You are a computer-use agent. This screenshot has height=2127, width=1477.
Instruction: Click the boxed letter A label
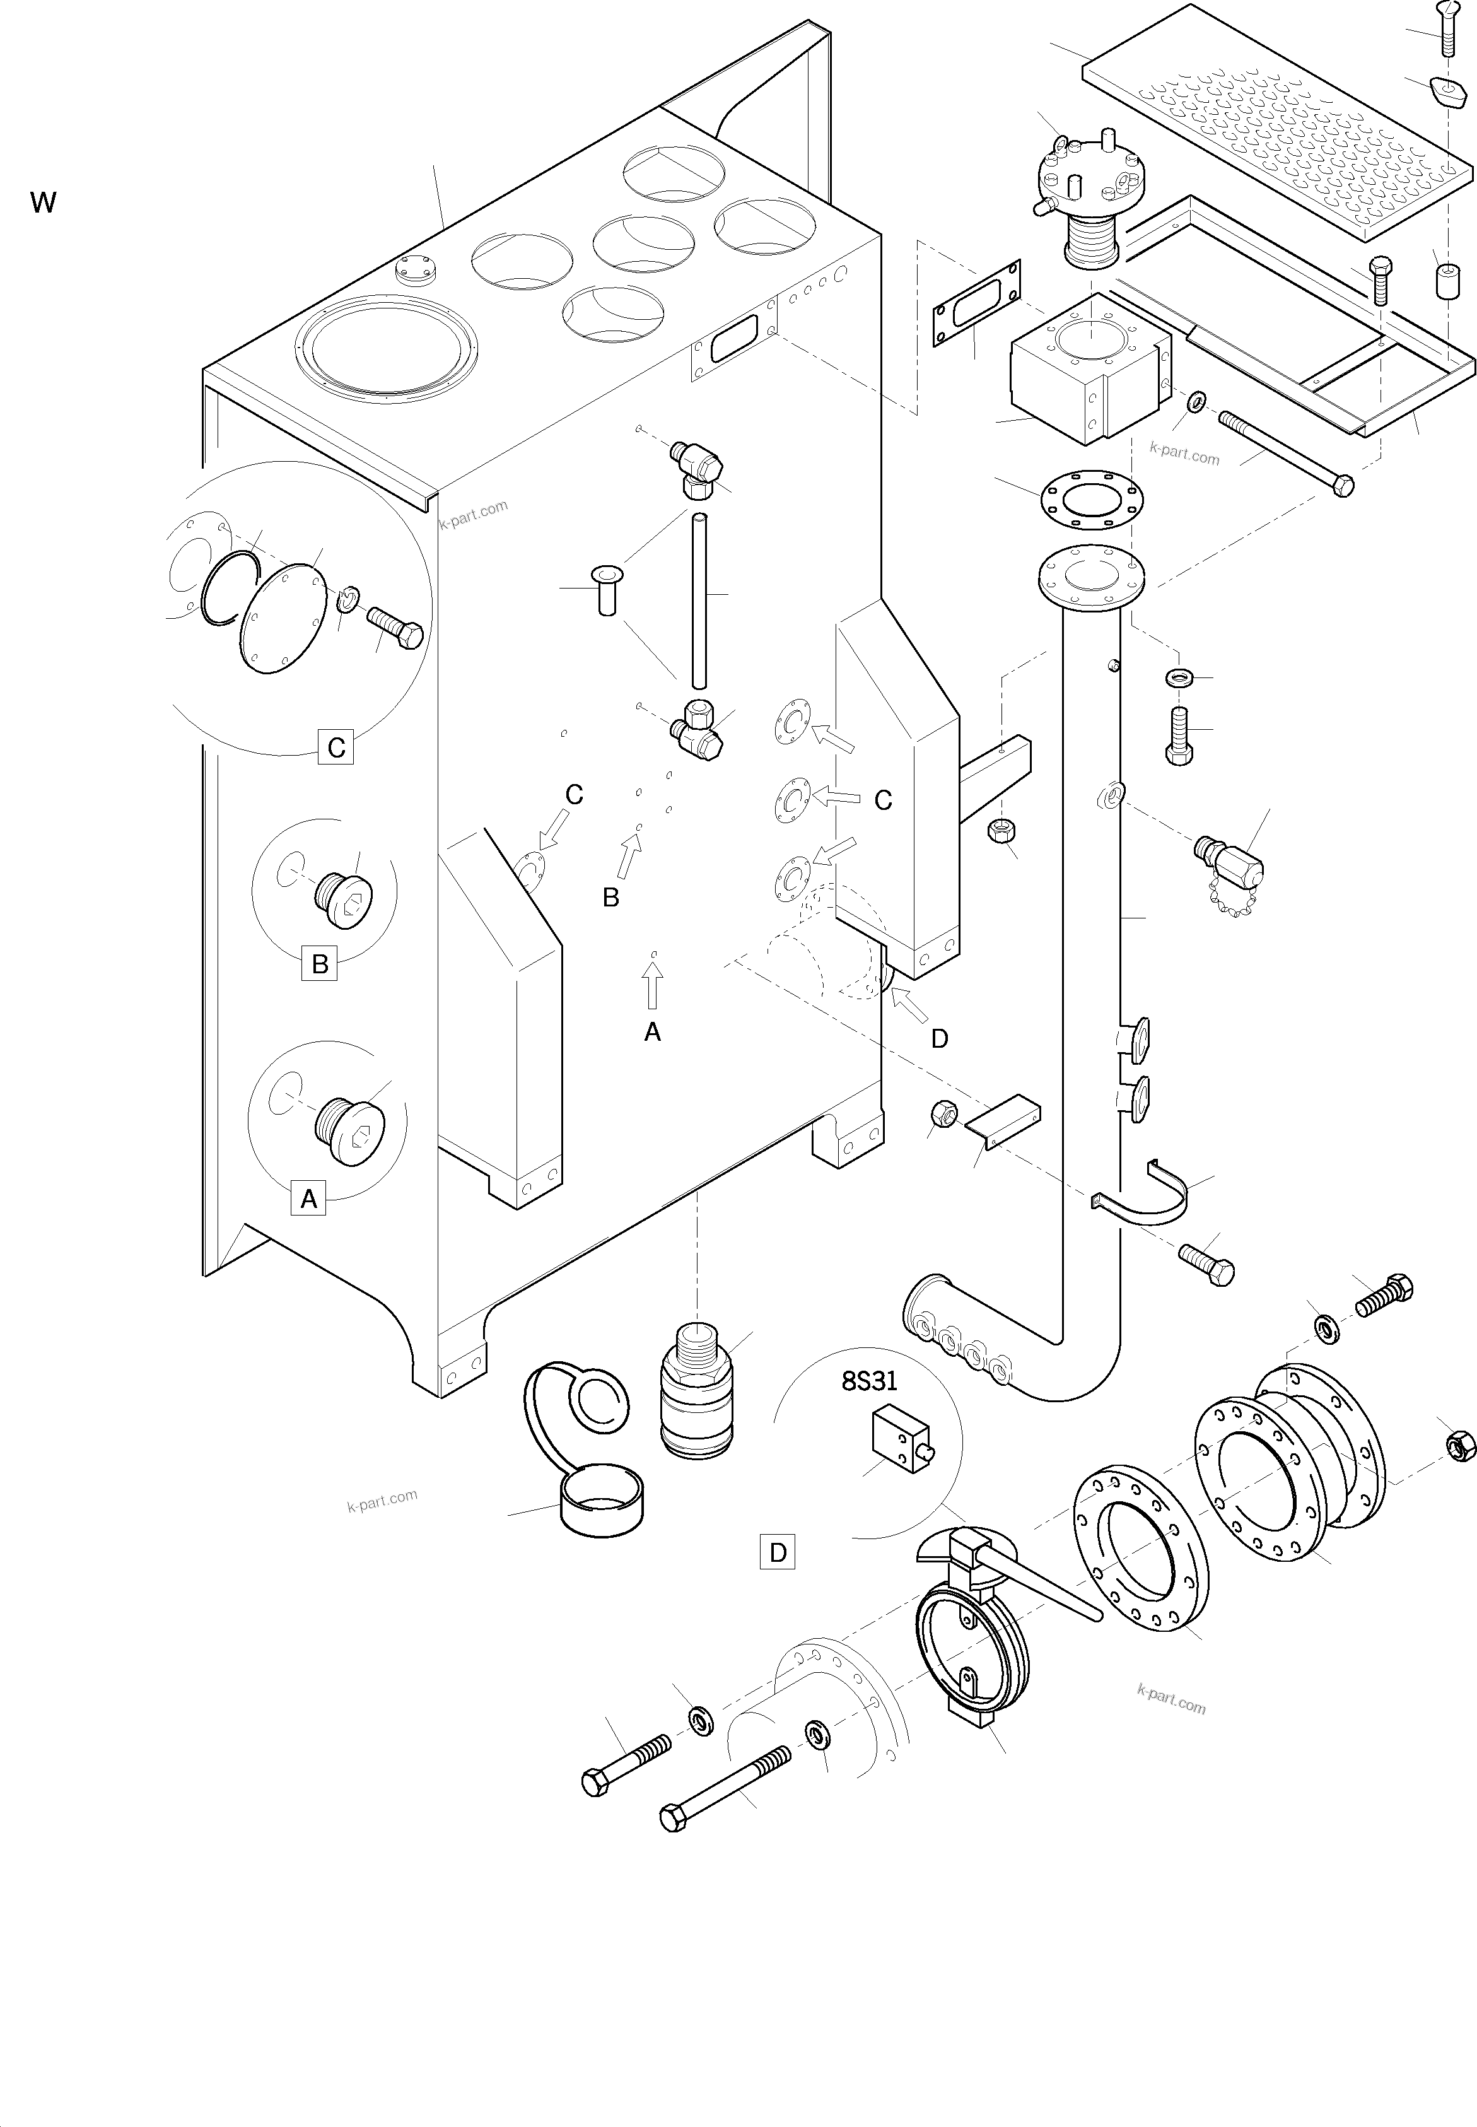309,1198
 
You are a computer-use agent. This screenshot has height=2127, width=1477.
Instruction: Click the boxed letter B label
319,964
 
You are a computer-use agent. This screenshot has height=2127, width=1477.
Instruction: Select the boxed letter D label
778,1551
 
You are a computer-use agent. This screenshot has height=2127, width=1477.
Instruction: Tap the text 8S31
869,1382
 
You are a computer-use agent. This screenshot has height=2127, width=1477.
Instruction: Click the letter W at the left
43,202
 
